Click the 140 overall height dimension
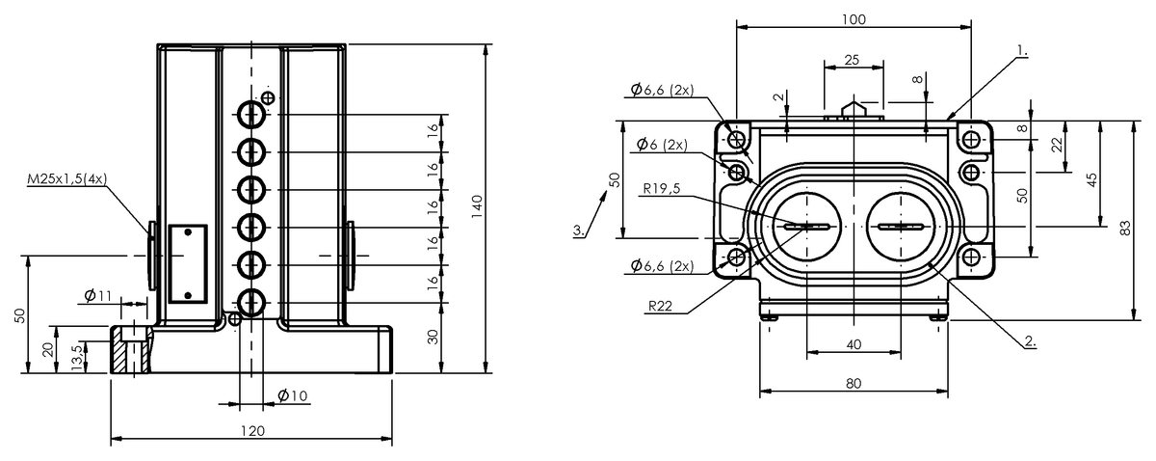pos(476,206)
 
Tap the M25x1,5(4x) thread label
pos(68,178)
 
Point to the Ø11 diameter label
pos(98,294)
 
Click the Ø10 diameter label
pos(291,395)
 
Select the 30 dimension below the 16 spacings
pos(433,337)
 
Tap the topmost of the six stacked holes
pos(251,115)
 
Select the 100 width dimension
pos(853,19)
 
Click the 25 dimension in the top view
pos(852,60)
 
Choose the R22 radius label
pos(660,306)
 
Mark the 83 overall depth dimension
pos(1124,227)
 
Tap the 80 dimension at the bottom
pos(853,383)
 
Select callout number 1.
pos(1021,47)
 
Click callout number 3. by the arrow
pos(577,230)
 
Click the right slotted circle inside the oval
pos(901,227)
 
